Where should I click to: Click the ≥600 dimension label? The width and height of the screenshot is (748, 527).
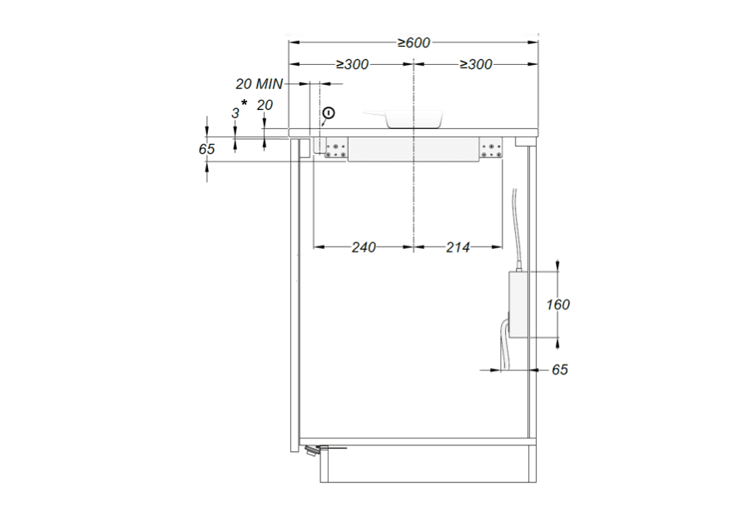pyautogui.click(x=414, y=43)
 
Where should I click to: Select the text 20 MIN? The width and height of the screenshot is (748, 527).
pyautogui.click(x=259, y=84)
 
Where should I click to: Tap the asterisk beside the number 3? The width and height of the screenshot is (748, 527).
pyautogui.click(x=245, y=103)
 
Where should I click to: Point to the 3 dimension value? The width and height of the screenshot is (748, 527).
pyautogui.click(x=235, y=113)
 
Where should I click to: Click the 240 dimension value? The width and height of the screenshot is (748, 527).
pyautogui.click(x=364, y=247)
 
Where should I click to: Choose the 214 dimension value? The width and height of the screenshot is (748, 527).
pyautogui.click(x=458, y=247)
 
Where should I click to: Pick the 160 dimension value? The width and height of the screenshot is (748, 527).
pyautogui.click(x=557, y=305)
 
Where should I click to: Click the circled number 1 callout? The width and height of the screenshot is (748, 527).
pyautogui.click(x=329, y=113)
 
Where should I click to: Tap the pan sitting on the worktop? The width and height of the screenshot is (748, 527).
pyautogui.click(x=404, y=119)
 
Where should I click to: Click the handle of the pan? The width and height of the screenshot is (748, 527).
pyautogui.click(x=375, y=114)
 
